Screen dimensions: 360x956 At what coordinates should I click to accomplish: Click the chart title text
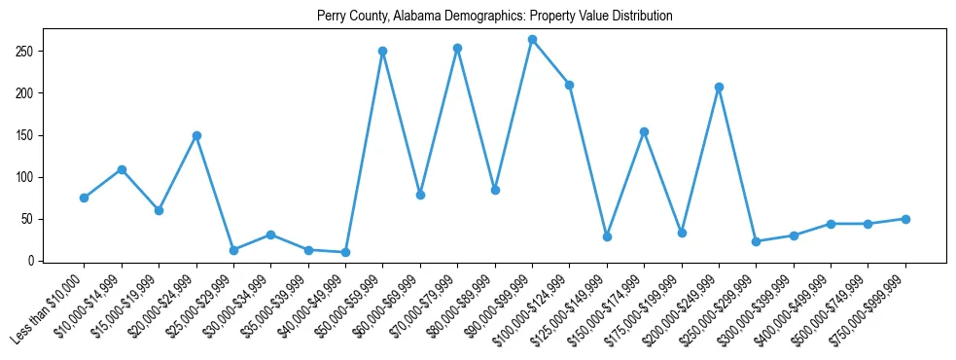pyautogui.click(x=495, y=17)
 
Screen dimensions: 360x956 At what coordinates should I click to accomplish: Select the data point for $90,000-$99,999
pyautogui.click(x=532, y=40)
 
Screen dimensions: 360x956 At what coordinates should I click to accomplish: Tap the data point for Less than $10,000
pyautogui.click(x=84, y=198)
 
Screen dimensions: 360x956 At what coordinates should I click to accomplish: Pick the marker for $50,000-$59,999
pyautogui.click(x=383, y=51)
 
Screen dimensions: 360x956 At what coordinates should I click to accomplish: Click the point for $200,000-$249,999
pyautogui.click(x=719, y=88)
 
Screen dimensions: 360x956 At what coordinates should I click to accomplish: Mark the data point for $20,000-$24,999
pyautogui.click(x=196, y=136)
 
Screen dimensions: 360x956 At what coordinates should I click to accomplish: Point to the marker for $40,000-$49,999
pyautogui.click(x=345, y=252)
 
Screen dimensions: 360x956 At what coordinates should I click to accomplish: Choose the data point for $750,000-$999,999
pyautogui.click(x=905, y=219)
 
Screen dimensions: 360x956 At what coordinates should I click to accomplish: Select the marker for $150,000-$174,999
pyautogui.click(x=644, y=131)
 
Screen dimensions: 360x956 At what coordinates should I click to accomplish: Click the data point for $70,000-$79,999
pyautogui.click(x=457, y=48)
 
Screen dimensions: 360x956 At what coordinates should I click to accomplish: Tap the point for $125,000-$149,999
pyautogui.click(x=607, y=236)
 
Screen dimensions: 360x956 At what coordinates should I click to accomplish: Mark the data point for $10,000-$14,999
pyautogui.click(x=122, y=169)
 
